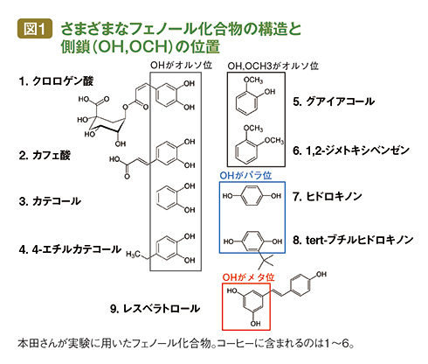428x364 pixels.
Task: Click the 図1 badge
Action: [x=35, y=29]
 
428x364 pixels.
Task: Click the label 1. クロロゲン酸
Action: [x=56, y=81]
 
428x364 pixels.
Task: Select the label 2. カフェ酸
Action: [x=45, y=155]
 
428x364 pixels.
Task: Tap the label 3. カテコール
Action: [x=50, y=201]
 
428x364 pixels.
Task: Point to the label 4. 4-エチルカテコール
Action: [x=70, y=249]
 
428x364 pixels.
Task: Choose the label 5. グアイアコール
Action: [x=334, y=101]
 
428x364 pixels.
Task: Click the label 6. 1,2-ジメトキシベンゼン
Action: [x=351, y=150]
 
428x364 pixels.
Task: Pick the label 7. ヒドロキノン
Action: [x=328, y=196]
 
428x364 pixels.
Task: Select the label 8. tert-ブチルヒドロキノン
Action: [x=353, y=240]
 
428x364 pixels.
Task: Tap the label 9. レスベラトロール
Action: [x=155, y=309]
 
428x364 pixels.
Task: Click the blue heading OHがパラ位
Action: [x=245, y=176]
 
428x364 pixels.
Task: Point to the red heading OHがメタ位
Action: [x=248, y=277]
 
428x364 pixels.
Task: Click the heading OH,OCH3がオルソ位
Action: [x=273, y=66]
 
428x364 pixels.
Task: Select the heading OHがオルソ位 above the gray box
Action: [x=181, y=65]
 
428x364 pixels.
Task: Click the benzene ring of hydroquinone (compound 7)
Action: [x=252, y=196]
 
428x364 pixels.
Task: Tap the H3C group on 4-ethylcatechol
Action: [x=133, y=255]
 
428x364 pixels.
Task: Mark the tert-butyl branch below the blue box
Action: [x=266, y=260]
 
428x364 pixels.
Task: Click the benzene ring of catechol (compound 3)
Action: [x=167, y=198]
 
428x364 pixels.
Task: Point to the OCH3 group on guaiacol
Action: [x=253, y=80]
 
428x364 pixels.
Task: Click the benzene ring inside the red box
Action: [x=252, y=302]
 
